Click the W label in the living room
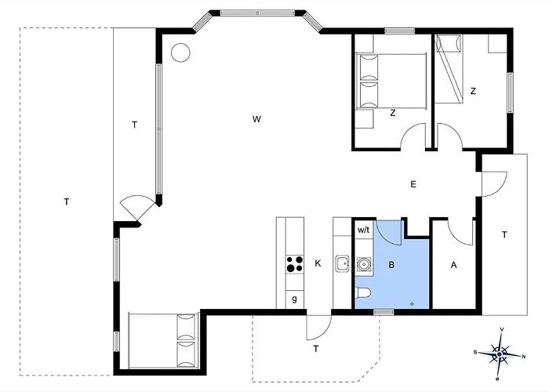click(256, 119)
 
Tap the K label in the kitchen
click(318, 263)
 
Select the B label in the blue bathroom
click(391, 265)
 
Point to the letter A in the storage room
click(454, 265)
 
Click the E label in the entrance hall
click(413, 184)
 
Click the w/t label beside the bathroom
click(363, 230)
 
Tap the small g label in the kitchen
click(294, 299)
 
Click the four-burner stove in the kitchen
click(295, 264)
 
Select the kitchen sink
click(342, 264)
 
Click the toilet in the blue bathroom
click(361, 292)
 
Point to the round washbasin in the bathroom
click(364, 264)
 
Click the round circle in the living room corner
click(180, 53)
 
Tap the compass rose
click(500, 354)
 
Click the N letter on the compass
click(524, 357)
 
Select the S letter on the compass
click(475, 353)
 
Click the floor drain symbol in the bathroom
click(412, 304)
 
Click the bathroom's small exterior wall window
click(384, 312)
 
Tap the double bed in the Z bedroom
click(391, 82)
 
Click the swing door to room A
click(461, 232)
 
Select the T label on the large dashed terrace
click(67, 202)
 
